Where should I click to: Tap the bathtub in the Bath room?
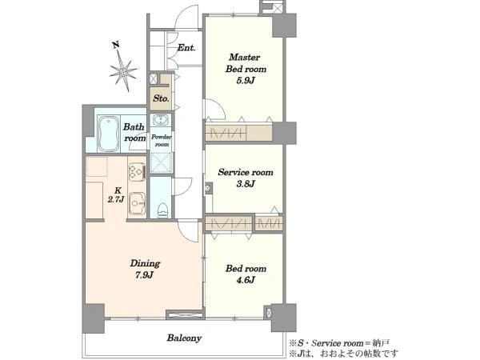[x=108, y=134]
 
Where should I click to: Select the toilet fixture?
[x=162, y=210]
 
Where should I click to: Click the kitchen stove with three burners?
[x=137, y=171]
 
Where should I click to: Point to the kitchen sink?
[x=137, y=203]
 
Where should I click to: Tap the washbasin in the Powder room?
[x=161, y=120]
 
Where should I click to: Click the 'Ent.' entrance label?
[x=186, y=48]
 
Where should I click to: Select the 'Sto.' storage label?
[x=161, y=98]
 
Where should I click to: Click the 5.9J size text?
[x=246, y=81]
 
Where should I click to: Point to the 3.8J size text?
[x=246, y=184]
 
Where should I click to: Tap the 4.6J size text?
[x=246, y=280]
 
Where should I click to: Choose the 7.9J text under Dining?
[x=145, y=275]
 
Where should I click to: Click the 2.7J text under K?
[x=116, y=199]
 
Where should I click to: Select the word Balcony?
[x=184, y=338]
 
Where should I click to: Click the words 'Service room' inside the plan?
[x=246, y=172]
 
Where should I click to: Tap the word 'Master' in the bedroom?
[x=245, y=57]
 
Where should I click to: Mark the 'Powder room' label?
[x=162, y=141]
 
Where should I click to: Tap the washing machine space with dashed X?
[x=161, y=162]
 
